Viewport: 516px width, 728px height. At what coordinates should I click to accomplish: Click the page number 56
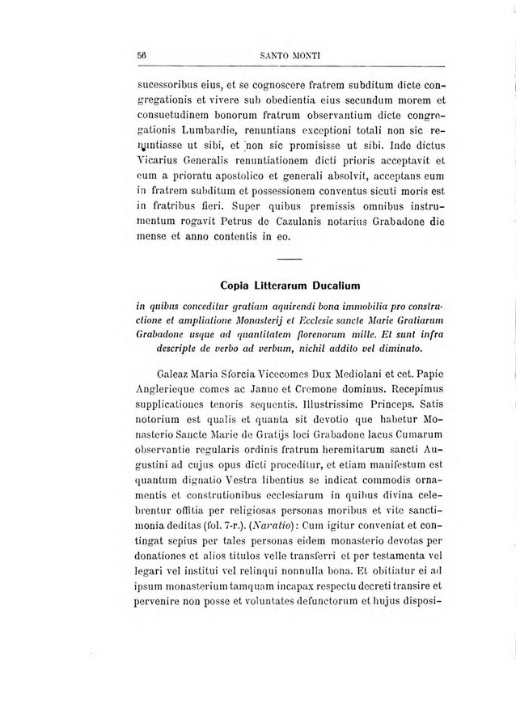coord(141,55)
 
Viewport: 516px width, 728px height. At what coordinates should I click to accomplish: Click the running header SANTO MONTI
coord(292,55)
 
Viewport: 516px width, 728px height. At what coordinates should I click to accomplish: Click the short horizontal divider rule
coord(289,258)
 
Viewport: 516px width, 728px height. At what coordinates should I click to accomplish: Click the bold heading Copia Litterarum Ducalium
coord(290,285)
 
